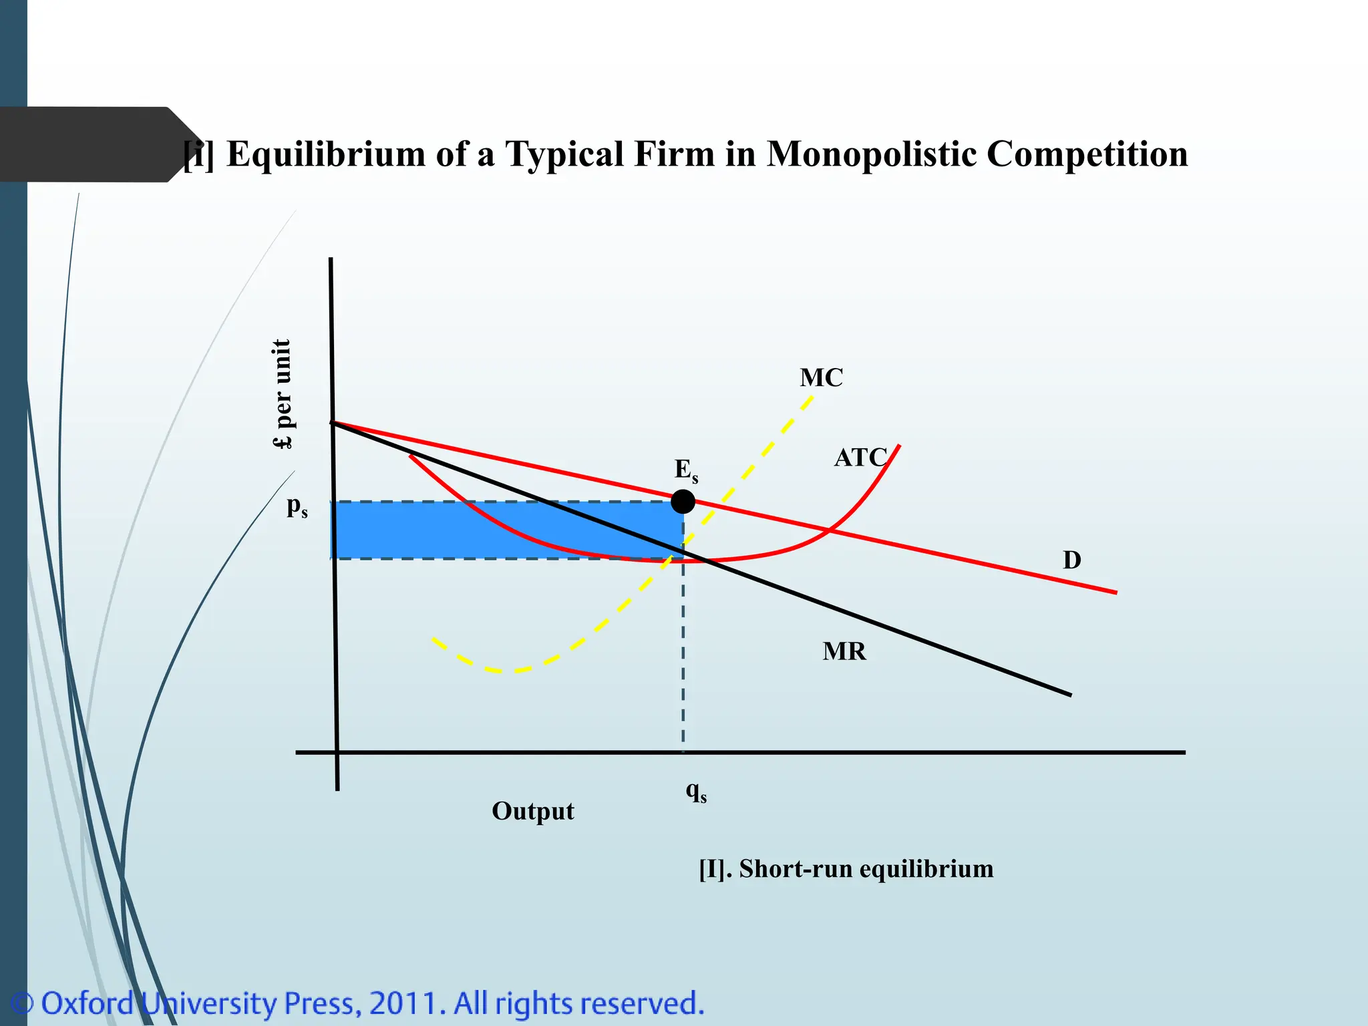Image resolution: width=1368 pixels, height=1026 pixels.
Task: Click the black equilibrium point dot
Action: (683, 501)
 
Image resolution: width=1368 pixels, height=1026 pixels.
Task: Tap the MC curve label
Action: (821, 378)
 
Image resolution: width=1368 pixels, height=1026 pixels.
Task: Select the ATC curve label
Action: (860, 458)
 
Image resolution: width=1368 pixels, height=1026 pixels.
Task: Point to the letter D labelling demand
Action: (1071, 560)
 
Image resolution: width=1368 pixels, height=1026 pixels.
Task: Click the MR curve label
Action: (844, 651)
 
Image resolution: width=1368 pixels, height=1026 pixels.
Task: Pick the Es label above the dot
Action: (686, 470)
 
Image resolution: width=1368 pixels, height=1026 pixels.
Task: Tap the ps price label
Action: (297, 507)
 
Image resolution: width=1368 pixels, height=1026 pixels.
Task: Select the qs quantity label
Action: (696, 792)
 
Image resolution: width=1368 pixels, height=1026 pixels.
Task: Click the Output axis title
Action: (532, 812)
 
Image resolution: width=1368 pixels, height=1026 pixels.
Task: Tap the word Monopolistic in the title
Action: (872, 154)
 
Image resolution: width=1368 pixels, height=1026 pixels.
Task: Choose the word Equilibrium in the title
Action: (326, 154)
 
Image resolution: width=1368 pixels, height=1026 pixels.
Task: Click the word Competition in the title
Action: (1087, 154)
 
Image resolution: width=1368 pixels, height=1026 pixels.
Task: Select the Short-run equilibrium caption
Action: (846, 869)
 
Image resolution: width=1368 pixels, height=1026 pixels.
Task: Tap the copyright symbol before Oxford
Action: (23, 1003)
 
